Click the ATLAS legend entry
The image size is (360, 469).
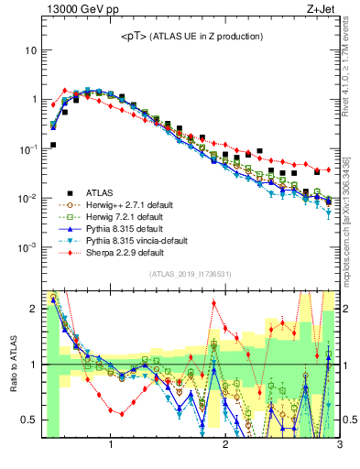[97, 192]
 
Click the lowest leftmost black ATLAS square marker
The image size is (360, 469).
[53, 145]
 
